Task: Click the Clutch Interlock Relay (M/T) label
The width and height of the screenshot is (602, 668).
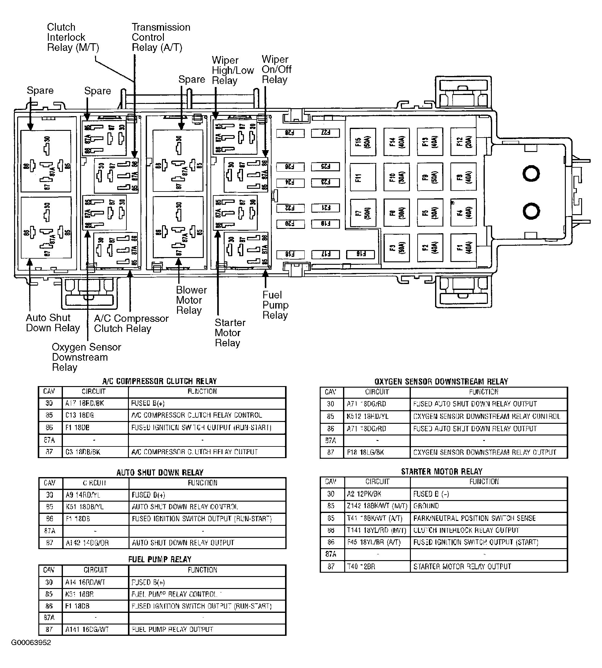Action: click(73, 37)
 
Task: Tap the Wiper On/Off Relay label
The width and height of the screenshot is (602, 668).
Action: click(276, 70)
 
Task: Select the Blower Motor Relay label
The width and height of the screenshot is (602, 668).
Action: click(191, 300)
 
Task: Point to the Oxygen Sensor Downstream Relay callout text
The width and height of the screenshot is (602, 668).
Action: click(86, 357)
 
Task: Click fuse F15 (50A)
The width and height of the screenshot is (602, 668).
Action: click(363, 142)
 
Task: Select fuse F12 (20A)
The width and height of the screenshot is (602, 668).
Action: click(463, 142)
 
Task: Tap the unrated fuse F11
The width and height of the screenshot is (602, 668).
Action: click(363, 177)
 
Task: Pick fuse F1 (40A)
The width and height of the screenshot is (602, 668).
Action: click(463, 248)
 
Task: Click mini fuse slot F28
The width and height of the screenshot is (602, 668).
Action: click(290, 133)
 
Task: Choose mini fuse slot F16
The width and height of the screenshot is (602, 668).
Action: click(360, 254)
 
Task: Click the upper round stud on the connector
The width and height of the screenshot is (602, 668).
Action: click(531, 173)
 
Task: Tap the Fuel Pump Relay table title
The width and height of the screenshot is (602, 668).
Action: click(160, 559)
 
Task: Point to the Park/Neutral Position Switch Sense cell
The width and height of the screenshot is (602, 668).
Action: click(474, 518)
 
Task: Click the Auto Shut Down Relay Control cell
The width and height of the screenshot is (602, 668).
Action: click(185, 507)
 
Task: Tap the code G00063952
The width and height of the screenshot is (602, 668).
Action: click(31, 643)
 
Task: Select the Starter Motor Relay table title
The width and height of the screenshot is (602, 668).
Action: click(442, 472)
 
